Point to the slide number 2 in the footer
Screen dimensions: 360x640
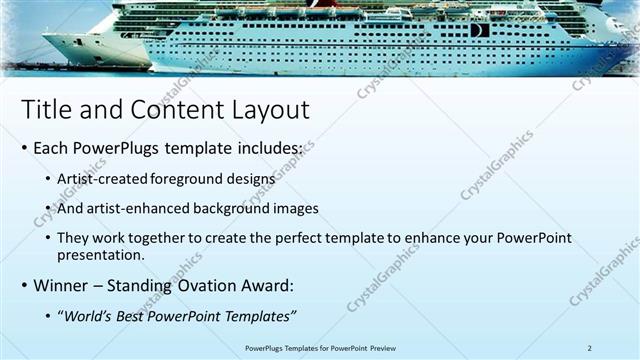tap(590, 347)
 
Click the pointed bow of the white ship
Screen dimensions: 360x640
tap(46, 40)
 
